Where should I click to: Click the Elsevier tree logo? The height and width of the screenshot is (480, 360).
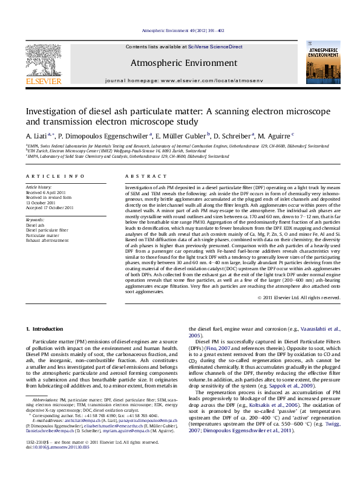pyautogui.click(x=44, y=58)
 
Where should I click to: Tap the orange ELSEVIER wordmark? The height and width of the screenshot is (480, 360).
pyautogui.click(x=44, y=80)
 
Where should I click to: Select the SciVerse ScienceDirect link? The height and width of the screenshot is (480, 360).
pyautogui.click(x=215, y=47)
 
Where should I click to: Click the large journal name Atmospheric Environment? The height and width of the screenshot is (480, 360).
pyautogui.click(x=183, y=63)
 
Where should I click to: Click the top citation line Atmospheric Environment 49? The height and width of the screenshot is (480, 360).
pyautogui.click(x=183, y=30)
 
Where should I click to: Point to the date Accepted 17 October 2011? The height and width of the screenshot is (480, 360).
pyautogui.click(x=50, y=207)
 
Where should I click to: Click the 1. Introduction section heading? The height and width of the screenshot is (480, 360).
pyautogui.click(x=47, y=328)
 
